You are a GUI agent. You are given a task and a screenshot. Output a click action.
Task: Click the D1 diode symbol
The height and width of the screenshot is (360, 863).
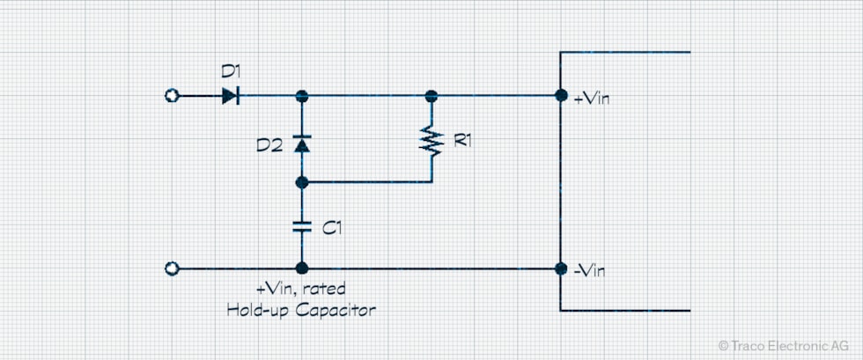click(x=230, y=96)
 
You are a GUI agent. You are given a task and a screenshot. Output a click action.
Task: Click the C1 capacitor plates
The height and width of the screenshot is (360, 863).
click(x=301, y=226)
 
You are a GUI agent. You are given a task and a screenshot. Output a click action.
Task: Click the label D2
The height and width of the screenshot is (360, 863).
click(x=269, y=145)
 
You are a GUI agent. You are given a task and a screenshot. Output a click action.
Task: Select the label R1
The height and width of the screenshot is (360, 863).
click(x=462, y=139)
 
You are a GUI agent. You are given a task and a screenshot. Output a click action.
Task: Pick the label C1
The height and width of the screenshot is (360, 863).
click(x=331, y=228)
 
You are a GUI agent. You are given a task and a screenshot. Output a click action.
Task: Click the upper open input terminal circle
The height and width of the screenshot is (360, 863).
click(x=173, y=96)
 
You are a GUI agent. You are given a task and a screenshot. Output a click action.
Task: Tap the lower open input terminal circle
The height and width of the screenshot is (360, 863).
click(x=173, y=268)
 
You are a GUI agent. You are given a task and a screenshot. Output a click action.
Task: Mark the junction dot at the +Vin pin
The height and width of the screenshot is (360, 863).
click(x=561, y=96)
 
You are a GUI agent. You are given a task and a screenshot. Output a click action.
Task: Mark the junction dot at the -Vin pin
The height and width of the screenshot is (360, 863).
click(x=561, y=268)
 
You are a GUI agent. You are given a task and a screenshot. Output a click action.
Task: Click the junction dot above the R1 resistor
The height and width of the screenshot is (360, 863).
click(x=431, y=96)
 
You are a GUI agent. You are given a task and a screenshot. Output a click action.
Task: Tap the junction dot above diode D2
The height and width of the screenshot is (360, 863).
click(x=301, y=96)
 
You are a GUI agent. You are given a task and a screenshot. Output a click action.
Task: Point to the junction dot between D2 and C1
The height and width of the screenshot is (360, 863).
click(x=301, y=182)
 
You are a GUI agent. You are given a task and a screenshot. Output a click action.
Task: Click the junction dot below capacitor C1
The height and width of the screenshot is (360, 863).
click(x=301, y=268)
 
